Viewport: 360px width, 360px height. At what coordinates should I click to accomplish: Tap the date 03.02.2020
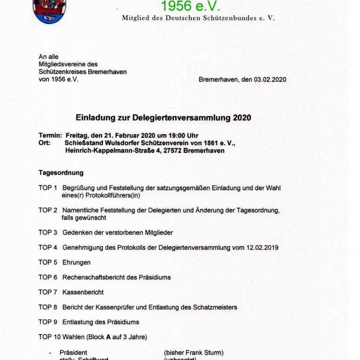coord(270,80)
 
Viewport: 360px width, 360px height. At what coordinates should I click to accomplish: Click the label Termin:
coord(50,136)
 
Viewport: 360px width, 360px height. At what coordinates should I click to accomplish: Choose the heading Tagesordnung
coord(61,173)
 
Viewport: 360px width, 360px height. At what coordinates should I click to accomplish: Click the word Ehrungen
coord(76,262)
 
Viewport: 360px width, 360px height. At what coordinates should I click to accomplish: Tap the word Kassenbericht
coord(83,292)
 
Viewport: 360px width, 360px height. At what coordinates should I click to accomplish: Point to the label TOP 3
coord(48,232)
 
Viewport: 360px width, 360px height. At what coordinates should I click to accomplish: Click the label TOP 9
coord(48,322)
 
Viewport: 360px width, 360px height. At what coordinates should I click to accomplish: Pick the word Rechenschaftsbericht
coord(96,277)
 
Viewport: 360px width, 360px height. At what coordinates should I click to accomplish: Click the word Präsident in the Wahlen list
coord(73,352)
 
